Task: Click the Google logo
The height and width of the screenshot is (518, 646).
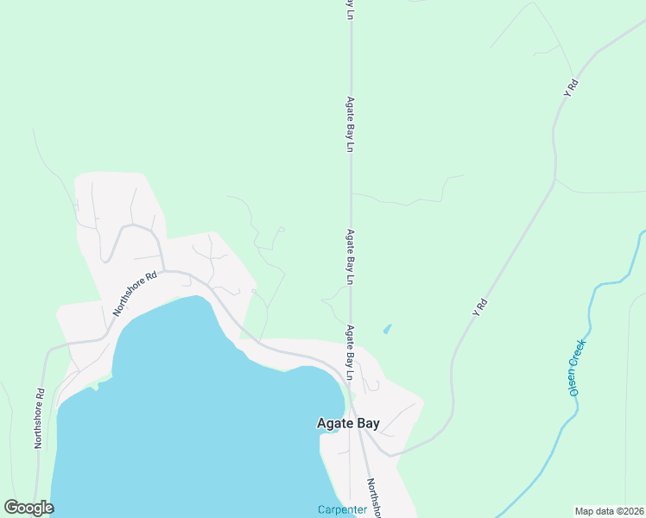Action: pos(28,508)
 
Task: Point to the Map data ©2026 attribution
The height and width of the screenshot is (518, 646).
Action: pos(609,510)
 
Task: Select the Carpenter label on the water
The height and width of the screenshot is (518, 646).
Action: pos(342,509)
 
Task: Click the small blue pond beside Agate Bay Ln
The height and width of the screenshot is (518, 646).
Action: pos(386,329)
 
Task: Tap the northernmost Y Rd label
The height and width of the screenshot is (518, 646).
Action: pos(571,87)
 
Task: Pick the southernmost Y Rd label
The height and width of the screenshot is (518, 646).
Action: pos(481,307)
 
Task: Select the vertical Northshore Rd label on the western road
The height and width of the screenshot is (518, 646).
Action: pos(39,418)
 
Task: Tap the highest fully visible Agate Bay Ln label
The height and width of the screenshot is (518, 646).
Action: pos(351,124)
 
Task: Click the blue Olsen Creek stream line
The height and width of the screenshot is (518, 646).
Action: pos(592,311)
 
